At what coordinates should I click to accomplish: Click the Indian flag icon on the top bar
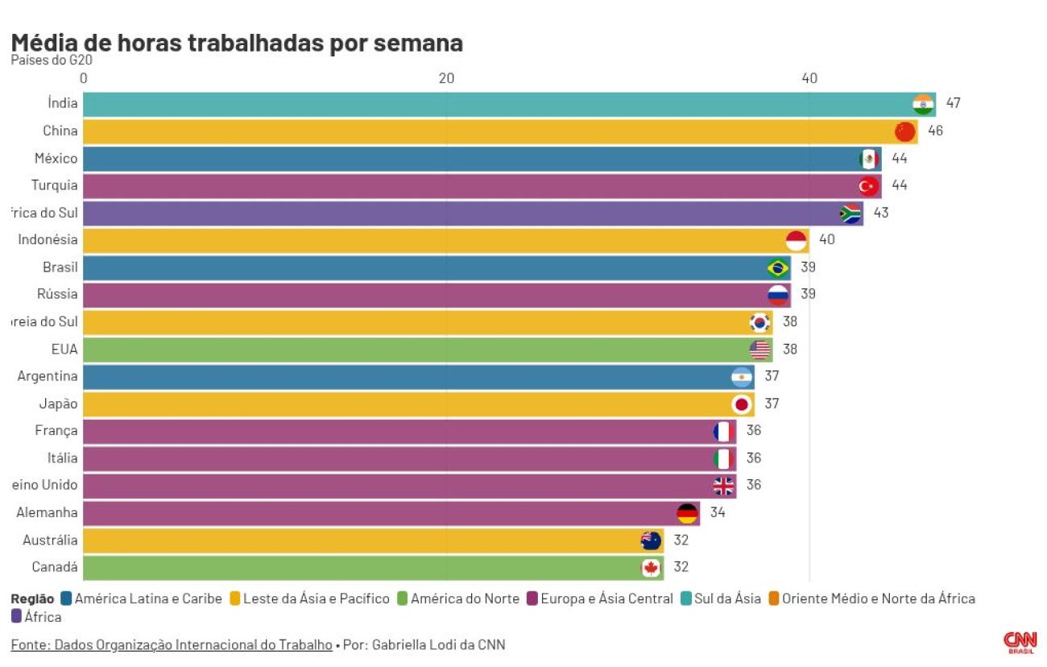coord(923,104)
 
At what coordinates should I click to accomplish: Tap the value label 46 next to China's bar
coord(935,130)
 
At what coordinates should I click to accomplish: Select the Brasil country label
coord(60,267)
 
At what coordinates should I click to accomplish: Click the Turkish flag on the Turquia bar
coord(868,186)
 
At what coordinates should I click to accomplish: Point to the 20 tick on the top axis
coord(446,78)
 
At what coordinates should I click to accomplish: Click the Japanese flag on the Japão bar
coord(742,404)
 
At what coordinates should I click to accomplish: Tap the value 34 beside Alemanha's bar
coord(718,512)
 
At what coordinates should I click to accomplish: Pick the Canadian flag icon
coord(651,567)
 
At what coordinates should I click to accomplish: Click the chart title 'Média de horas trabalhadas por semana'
coord(237,43)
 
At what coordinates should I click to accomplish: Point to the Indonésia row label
coord(48,239)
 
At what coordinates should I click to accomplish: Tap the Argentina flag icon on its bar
coord(742,376)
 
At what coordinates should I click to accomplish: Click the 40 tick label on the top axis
coord(809,78)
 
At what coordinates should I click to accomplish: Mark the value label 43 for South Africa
coord(881,213)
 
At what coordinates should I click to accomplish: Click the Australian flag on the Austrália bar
coord(651,540)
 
